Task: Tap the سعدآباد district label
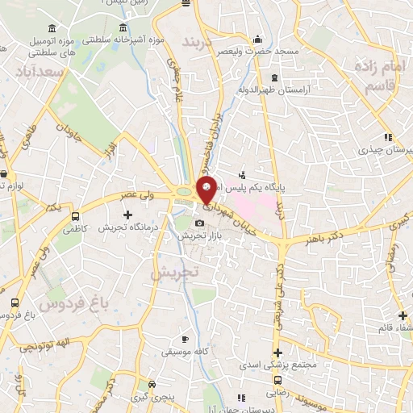(x=40, y=73)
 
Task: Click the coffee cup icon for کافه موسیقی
(x=185, y=339)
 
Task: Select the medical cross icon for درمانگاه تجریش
(x=127, y=215)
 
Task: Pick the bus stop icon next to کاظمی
(x=76, y=217)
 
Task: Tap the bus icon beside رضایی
(x=277, y=380)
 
